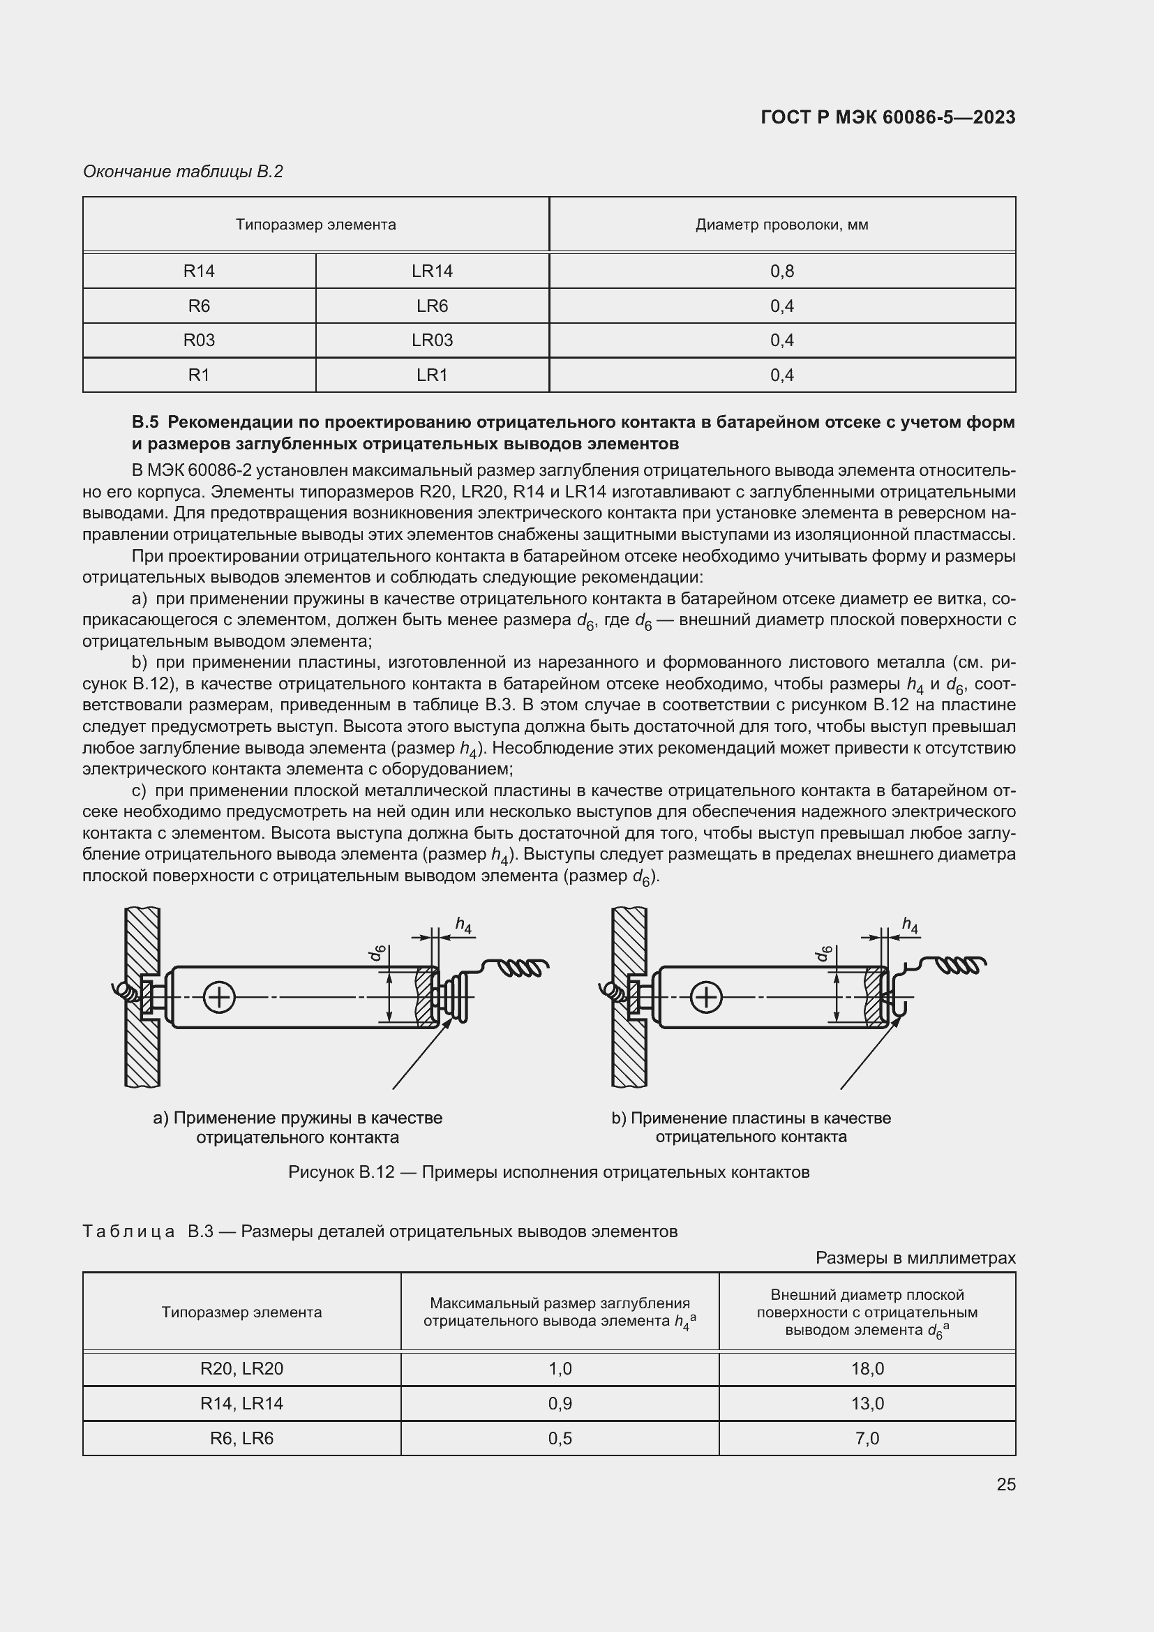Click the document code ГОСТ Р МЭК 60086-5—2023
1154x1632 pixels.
[x=887, y=117]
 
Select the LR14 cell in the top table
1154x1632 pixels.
[x=432, y=271]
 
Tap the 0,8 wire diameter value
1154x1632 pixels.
[x=781, y=271]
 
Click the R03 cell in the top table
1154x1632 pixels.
[x=199, y=340]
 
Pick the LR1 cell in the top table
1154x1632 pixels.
[x=432, y=375]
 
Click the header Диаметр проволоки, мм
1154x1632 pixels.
[x=781, y=225]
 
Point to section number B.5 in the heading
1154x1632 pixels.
[x=145, y=422]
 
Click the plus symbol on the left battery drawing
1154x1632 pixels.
[x=220, y=997]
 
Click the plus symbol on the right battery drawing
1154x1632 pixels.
[x=706, y=997]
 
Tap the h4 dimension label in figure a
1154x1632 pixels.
[x=463, y=924]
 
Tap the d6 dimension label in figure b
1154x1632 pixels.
[x=824, y=954]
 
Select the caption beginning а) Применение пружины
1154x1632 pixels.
[x=298, y=1128]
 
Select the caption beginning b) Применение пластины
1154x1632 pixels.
[x=751, y=1128]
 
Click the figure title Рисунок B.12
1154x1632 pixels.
[x=548, y=1172]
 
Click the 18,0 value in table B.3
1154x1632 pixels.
[x=867, y=1368]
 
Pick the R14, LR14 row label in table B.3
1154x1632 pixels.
[x=241, y=1403]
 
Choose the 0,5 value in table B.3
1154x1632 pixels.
[x=560, y=1438]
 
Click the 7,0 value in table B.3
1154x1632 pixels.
[x=867, y=1438]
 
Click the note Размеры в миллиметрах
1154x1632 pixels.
[x=915, y=1257]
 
